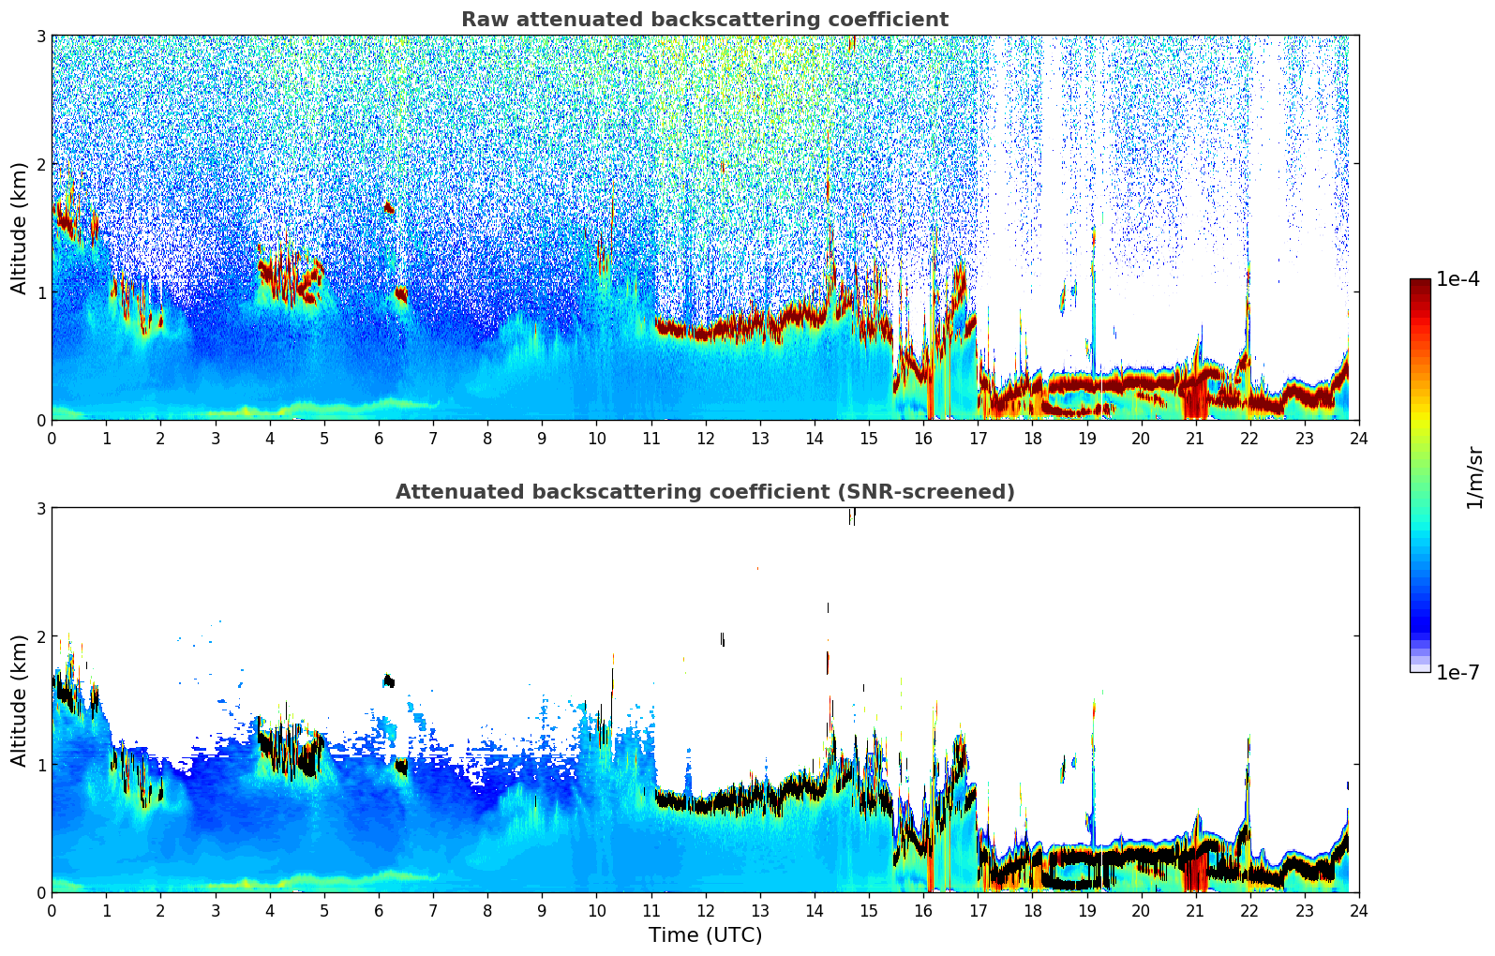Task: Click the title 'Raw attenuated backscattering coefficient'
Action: [704, 20]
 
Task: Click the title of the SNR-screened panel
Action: [704, 492]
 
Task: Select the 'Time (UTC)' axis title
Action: [705, 934]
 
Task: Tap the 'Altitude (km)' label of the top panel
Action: [19, 228]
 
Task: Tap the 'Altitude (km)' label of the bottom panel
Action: [19, 700]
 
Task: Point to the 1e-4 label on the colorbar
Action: [1458, 279]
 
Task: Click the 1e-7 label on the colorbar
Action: [1458, 672]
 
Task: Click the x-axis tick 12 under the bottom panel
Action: [705, 910]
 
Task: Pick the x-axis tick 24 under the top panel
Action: [1358, 438]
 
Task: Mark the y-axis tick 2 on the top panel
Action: [41, 164]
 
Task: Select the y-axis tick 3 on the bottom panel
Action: [41, 508]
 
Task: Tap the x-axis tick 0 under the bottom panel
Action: [52, 910]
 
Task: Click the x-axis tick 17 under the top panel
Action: [978, 438]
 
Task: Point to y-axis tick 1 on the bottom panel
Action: [41, 765]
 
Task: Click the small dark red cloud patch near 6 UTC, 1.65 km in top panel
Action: [389, 208]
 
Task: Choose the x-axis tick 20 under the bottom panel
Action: [1141, 910]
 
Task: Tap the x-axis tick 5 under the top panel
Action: [324, 438]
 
